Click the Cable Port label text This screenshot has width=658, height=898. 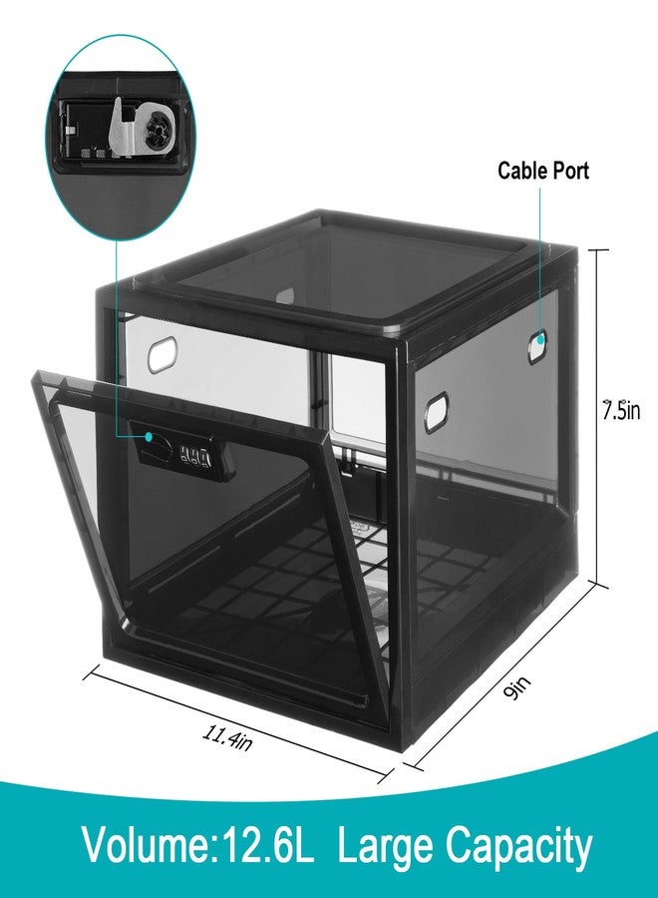tap(542, 171)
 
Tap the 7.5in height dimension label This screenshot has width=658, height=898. tap(621, 410)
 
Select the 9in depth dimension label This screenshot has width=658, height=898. tap(517, 687)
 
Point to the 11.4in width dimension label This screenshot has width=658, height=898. tap(227, 737)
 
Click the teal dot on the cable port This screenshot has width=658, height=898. tap(539, 339)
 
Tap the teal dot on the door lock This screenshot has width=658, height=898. tap(149, 437)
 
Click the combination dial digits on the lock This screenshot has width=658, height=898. tap(195, 455)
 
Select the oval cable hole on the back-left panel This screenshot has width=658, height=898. tap(163, 355)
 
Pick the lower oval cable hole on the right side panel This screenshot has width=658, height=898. tap(436, 412)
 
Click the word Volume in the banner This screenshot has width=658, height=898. tap(145, 846)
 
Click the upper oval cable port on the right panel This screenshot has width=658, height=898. tap(536, 346)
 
